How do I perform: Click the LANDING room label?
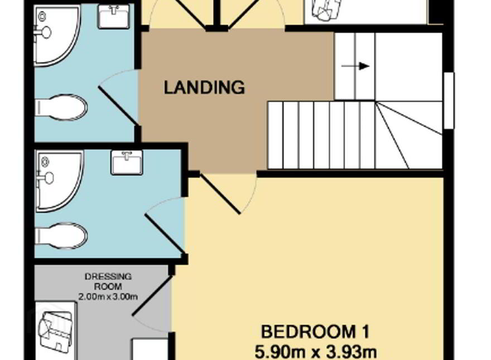point(204,88)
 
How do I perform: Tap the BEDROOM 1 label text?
point(315,332)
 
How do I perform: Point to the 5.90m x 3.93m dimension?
point(316,352)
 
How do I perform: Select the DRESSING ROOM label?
point(108,281)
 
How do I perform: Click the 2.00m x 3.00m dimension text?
point(108,297)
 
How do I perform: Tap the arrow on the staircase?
point(355,66)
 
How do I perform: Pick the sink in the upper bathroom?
point(114,16)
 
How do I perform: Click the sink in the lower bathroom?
point(127,162)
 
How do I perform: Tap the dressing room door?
point(152,295)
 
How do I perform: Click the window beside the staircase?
point(449,100)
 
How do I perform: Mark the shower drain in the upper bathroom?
point(42,16)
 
